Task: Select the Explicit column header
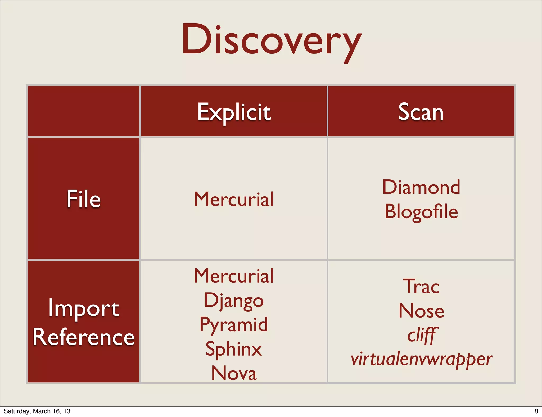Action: [234, 112]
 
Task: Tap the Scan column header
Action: [421, 112]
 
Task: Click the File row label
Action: [84, 199]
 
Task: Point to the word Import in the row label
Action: [84, 309]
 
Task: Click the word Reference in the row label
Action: [84, 337]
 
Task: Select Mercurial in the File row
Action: [234, 199]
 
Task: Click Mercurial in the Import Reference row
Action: [234, 276]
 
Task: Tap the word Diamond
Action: [421, 187]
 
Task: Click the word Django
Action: [234, 301]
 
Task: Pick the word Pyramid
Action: [234, 325]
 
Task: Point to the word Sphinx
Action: [234, 349]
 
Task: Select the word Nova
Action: [234, 373]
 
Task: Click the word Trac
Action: [421, 287]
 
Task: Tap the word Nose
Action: [421, 311]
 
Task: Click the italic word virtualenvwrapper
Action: [421, 359]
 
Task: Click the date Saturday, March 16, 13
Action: [37, 411]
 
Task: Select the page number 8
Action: [536, 411]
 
